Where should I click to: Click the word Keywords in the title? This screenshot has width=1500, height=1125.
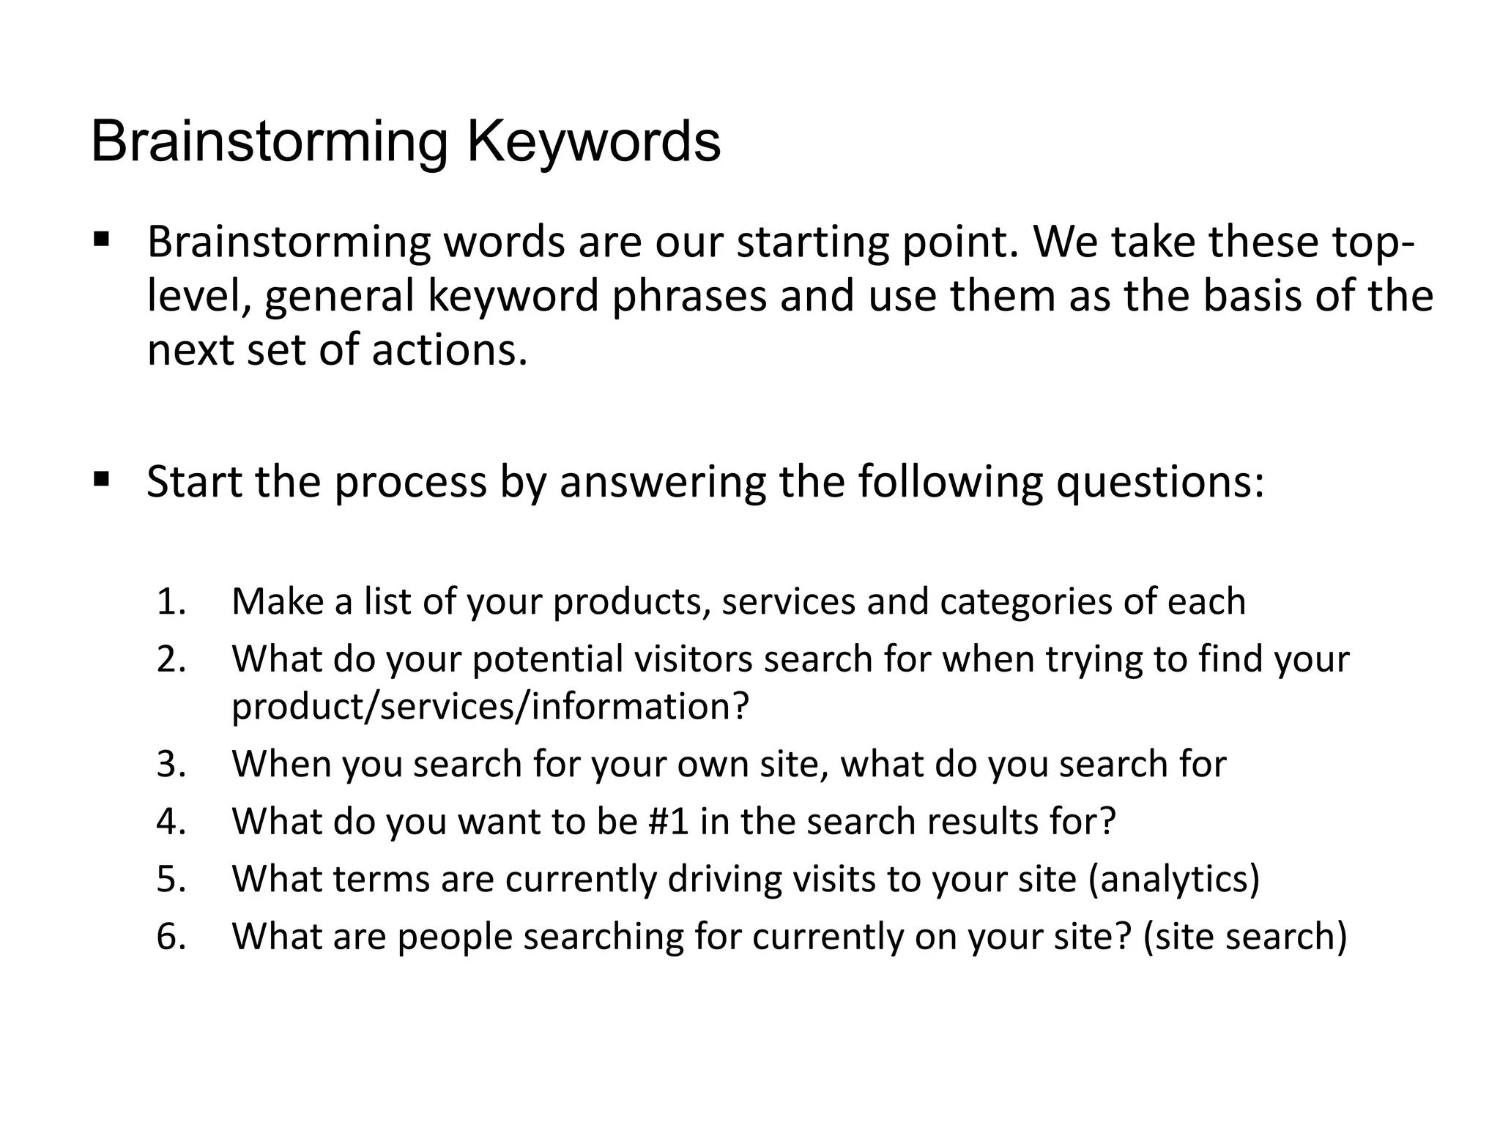click(x=593, y=142)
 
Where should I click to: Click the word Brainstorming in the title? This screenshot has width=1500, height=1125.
click(x=269, y=142)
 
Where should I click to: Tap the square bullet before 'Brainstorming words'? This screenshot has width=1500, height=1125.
click(x=101, y=240)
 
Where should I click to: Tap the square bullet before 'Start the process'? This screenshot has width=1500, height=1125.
click(x=101, y=480)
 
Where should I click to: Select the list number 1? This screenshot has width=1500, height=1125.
click(x=171, y=602)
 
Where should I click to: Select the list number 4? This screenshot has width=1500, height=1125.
click(x=171, y=821)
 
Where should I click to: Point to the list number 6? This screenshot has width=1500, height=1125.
click(x=171, y=937)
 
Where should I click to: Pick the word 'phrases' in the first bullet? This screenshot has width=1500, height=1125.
click(x=689, y=296)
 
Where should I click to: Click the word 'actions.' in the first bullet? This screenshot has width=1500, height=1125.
click(x=450, y=350)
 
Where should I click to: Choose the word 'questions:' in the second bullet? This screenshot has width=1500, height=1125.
click(x=1159, y=483)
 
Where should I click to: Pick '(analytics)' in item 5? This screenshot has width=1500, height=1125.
click(x=1174, y=880)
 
